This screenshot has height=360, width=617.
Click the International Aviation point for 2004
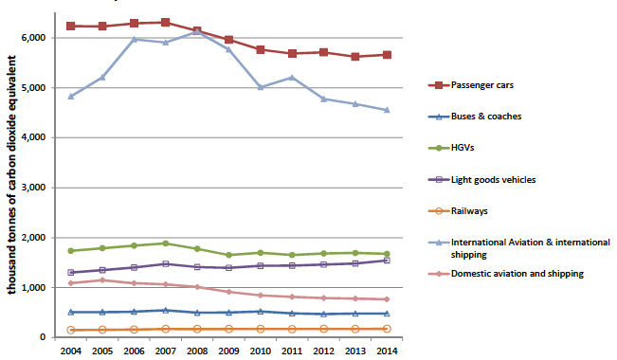click(x=72, y=97)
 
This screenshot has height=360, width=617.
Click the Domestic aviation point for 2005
click(x=102, y=279)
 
